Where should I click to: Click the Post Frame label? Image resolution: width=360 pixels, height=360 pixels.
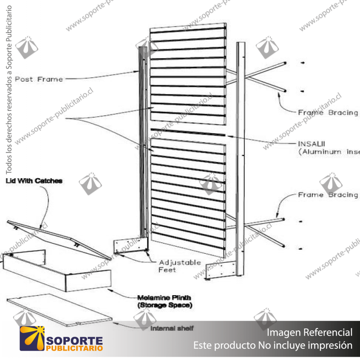39,79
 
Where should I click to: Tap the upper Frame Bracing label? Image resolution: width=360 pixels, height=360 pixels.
328,112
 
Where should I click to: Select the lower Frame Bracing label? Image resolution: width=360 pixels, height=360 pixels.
328,195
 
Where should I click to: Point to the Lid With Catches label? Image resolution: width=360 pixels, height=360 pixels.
34,181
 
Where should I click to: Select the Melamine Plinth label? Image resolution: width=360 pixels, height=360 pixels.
164,298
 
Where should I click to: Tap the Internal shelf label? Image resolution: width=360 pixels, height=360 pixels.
171,328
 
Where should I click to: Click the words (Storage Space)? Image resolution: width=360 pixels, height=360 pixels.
165,306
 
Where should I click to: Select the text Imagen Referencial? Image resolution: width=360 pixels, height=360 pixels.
310,333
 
